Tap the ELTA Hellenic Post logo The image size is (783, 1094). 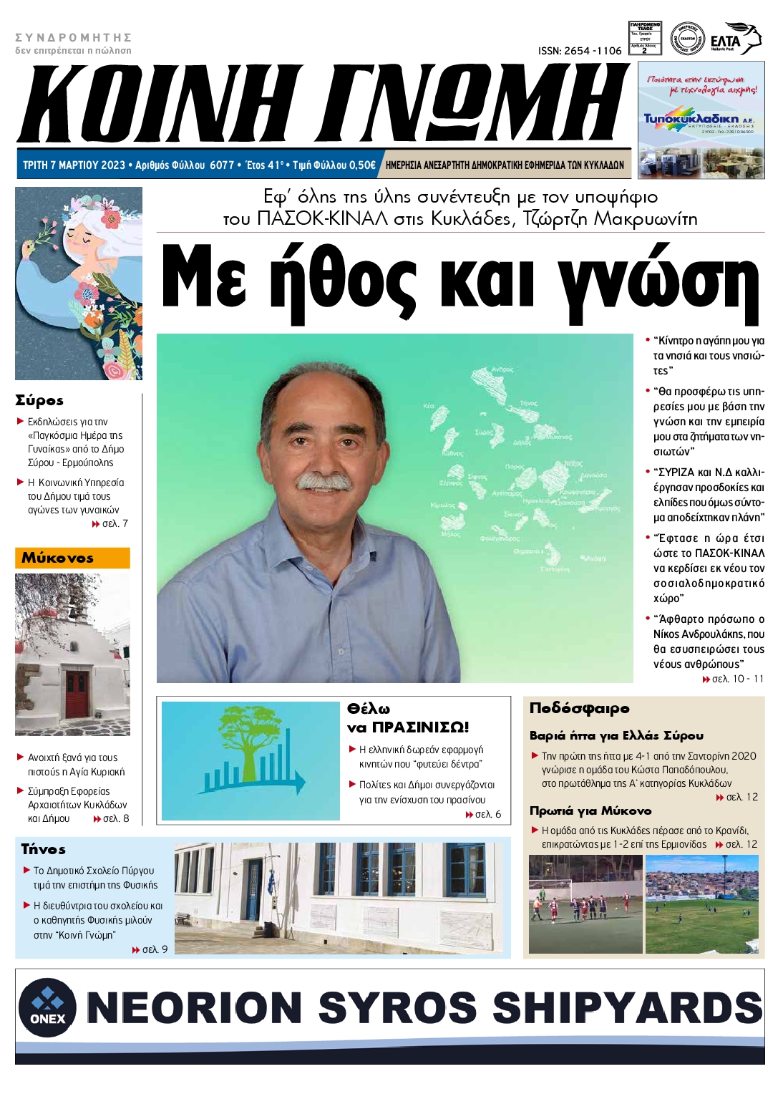(x=735, y=40)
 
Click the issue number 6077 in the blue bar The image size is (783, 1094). (x=222, y=165)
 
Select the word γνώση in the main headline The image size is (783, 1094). (x=658, y=281)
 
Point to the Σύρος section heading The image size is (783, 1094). (x=40, y=400)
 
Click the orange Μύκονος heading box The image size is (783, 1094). (x=72, y=558)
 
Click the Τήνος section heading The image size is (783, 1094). (x=44, y=849)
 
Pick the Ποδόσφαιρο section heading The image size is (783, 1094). (x=580, y=708)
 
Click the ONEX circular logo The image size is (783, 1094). (x=47, y=1007)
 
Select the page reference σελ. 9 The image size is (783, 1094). (x=154, y=949)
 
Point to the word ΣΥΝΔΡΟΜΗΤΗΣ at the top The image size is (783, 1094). (x=74, y=37)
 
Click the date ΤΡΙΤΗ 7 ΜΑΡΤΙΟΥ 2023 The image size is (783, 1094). (x=74, y=165)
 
